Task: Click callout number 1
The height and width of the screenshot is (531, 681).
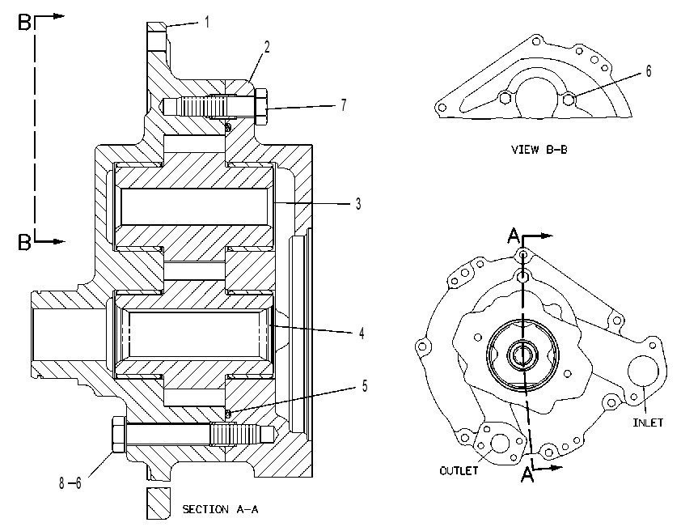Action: point(207,22)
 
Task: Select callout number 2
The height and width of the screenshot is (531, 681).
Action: point(267,47)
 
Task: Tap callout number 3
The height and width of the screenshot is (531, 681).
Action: point(358,204)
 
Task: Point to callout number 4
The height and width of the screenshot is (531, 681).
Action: point(362,333)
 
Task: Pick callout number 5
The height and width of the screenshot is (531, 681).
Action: point(365,386)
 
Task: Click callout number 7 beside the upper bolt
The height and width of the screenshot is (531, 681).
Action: point(344,104)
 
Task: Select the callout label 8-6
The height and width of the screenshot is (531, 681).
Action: point(70,482)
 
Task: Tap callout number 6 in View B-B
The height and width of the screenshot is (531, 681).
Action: point(649,71)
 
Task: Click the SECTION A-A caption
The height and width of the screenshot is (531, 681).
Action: point(220,509)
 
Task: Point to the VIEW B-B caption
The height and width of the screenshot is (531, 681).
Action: point(539,150)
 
